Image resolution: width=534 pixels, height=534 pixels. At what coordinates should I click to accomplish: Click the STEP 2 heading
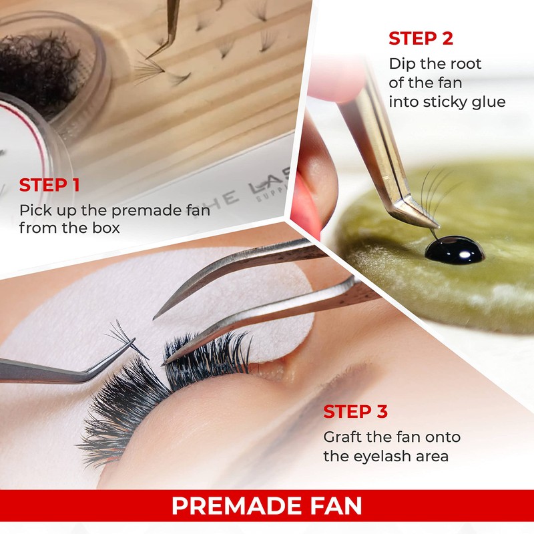(x=421, y=38)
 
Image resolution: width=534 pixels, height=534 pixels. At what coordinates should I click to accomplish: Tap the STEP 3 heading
(x=356, y=412)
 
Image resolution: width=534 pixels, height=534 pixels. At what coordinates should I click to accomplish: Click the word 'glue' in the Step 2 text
(x=487, y=102)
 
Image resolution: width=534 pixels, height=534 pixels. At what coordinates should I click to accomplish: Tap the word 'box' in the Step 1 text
(x=106, y=228)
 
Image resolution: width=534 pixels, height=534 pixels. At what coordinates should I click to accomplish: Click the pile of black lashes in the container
(x=40, y=73)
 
